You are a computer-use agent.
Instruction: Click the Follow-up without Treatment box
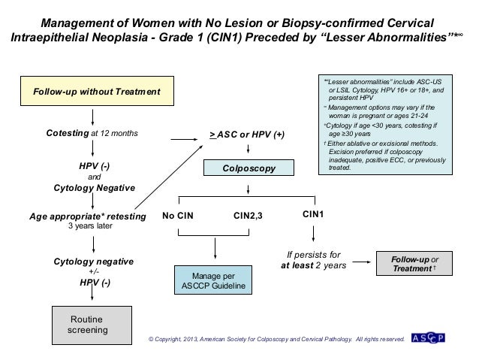point(93,92)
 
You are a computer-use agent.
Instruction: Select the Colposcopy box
point(241,168)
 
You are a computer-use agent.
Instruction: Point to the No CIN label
point(178,216)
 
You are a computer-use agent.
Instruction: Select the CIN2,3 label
point(249,216)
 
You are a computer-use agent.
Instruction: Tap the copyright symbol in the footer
point(152,340)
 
